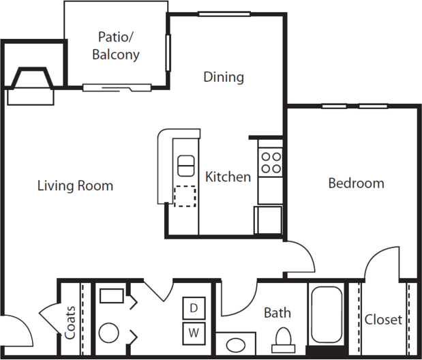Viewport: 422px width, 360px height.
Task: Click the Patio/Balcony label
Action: point(116,46)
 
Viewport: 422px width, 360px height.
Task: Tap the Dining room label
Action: point(224,77)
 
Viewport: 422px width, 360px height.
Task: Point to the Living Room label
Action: point(75,185)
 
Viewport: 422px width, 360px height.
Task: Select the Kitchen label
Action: point(228,177)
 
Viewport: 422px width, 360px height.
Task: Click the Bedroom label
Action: point(356,183)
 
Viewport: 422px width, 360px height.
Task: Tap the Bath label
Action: point(277,313)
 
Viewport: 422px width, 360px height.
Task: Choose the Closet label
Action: point(383,320)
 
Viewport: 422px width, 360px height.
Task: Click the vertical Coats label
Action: point(70,322)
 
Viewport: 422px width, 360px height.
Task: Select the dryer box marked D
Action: point(194,307)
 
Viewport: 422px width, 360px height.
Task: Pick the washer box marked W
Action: point(194,333)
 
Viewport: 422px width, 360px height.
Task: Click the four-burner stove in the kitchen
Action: point(271,162)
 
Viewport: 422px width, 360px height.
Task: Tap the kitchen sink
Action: point(185,166)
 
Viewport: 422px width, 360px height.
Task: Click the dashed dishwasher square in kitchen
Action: point(185,196)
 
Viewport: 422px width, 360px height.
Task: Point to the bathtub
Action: point(327,314)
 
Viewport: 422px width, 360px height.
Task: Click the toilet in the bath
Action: point(283,340)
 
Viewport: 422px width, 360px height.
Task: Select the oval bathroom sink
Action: point(235,345)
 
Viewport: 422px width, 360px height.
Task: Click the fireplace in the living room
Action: point(31,86)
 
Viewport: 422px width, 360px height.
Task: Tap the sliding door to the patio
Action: point(117,88)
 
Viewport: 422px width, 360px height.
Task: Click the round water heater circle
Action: point(108,333)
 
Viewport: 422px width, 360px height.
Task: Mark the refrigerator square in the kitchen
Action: point(268,220)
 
